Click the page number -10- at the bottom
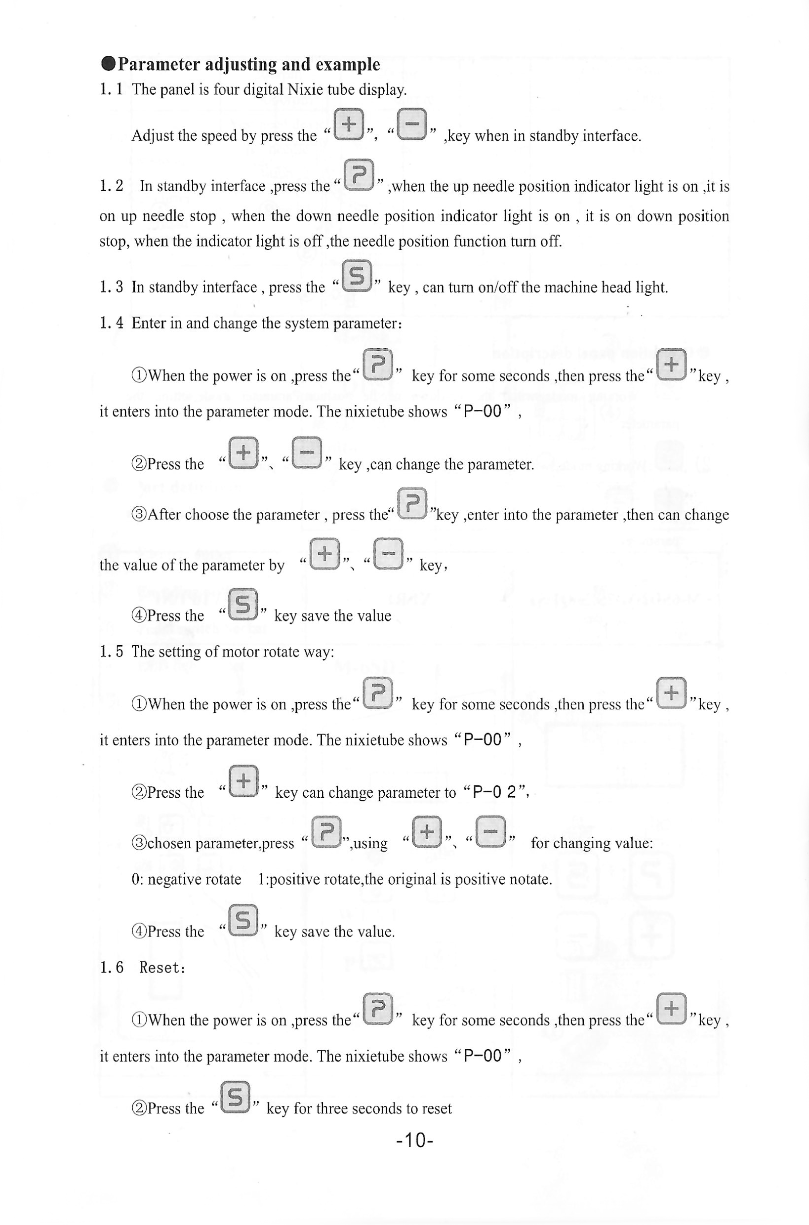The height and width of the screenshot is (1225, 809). [x=414, y=1140]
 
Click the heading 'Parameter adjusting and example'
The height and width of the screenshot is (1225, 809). [x=249, y=65]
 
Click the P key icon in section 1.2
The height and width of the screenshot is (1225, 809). [x=359, y=175]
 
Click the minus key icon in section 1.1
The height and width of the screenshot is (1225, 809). [x=412, y=124]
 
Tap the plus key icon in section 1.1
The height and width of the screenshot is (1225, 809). [x=349, y=124]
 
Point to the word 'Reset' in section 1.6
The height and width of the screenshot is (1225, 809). [x=161, y=968]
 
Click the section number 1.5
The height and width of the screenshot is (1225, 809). [x=112, y=652]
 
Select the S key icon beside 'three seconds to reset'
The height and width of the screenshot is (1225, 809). [x=235, y=1097]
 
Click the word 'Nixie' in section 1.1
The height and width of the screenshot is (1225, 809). [x=304, y=90]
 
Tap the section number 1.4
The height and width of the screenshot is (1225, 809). [x=112, y=323]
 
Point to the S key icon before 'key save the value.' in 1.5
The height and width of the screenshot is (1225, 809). [x=243, y=920]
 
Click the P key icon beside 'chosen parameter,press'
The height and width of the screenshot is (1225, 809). [x=326, y=832]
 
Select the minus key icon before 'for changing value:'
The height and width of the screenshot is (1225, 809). [x=490, y=832]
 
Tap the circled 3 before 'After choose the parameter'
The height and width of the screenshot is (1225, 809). [x=139, y=515]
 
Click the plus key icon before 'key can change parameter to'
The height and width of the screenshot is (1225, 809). [x=243, y=781]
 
